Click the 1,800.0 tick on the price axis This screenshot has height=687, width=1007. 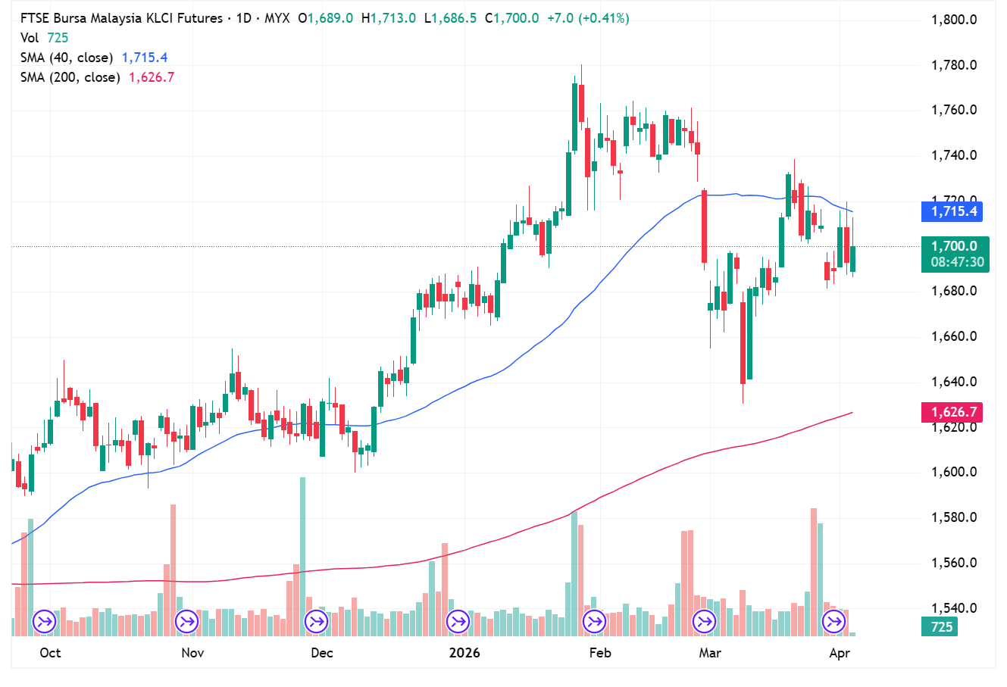pos(953,20)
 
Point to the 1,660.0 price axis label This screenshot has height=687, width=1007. pos(953,336)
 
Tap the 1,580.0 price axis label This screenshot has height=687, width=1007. pos(953,518)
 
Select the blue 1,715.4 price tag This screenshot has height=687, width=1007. pos(952,211)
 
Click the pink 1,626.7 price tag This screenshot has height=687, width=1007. pos(952,412)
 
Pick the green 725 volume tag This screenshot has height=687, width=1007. pos(940,627)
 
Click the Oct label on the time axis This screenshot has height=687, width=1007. pos(50,653)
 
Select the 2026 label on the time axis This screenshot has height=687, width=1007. pos(464,653)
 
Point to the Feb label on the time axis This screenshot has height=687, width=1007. pos(599,653)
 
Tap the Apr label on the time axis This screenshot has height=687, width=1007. pos(840,653)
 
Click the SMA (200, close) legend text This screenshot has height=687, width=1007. pos(70,77)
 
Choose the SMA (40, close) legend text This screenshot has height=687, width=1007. pos(67,58)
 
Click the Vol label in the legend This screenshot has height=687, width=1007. pos(30,38)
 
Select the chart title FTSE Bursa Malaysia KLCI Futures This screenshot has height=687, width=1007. pos(121,18)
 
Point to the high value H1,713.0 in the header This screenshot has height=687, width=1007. pos(388,18)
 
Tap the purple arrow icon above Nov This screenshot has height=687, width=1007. pos(186,623)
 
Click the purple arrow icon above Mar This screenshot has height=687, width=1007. pos(705,623)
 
